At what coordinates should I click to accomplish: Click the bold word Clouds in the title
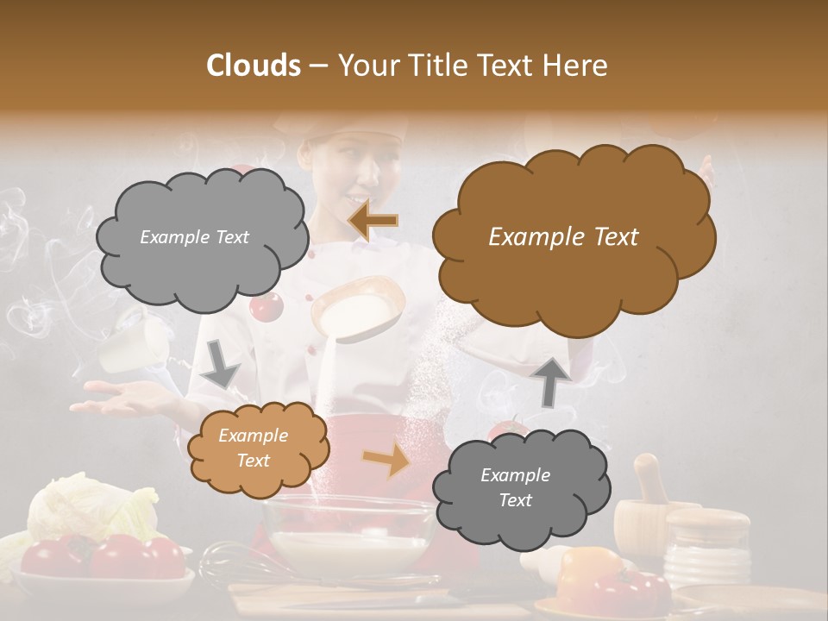pyautogui.click(x=254, y=66)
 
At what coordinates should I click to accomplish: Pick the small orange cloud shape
pyautogui.click(x=258, y=449)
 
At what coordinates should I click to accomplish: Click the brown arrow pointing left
pyautogui.click(x=373, y=220)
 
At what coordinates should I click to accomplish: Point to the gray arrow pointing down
pyautogui.click(x=221, y=363)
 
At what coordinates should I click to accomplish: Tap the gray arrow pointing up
pyautogui.click(x=553, y=380)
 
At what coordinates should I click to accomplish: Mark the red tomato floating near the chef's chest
pyautogui.click(x=267, y=305)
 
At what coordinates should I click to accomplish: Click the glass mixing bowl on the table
pyautogui.click(x=348, y=535)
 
